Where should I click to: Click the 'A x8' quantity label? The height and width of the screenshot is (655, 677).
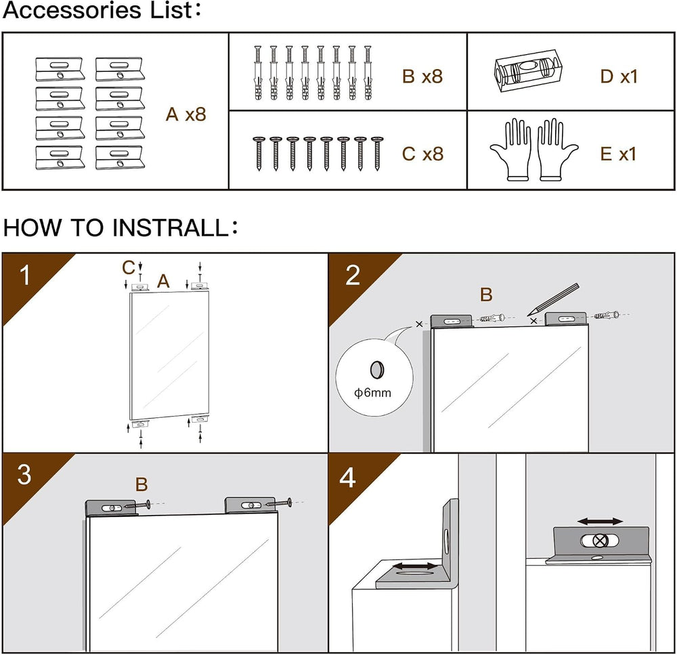(186, 114)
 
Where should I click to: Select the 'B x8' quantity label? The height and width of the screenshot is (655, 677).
(422, 77)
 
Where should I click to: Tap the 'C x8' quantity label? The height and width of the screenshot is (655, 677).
(422, 154)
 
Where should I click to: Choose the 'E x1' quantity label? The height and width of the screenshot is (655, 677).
(618, 154)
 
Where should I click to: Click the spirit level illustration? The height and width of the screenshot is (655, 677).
(527, 70)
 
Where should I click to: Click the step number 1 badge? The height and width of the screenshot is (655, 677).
(25, 275)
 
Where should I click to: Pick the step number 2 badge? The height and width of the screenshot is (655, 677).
(353, 275)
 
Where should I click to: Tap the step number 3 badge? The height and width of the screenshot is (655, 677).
(24, 474)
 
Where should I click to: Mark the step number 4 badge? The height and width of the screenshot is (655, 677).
(348, 478)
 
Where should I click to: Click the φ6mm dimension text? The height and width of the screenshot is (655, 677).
(372, 393)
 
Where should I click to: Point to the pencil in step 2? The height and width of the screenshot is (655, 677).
(553, 300)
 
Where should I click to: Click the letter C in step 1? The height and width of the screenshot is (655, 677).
(129, 268)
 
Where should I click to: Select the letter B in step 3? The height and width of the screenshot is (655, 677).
(141, 485)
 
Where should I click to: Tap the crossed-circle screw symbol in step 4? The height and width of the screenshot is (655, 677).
(600, 541)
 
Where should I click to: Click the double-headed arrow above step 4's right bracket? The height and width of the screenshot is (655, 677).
(600, 522)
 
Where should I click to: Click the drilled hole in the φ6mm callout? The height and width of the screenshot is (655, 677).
(377, 370)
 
